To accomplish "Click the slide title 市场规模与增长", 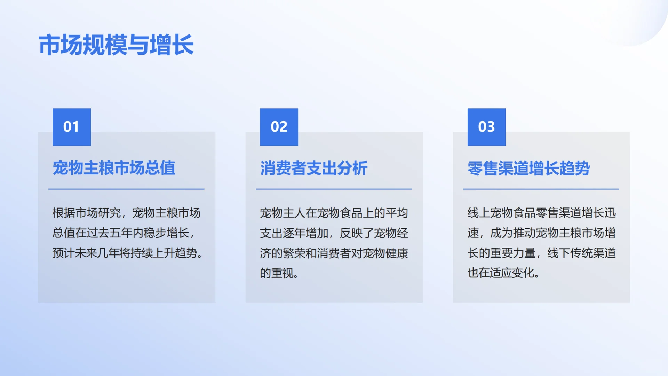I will click(x=116, y=45).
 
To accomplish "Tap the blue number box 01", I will click(x=72, y=127).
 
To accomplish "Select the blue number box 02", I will click(x=279, y=127).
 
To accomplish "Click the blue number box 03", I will click(x=486, y=127).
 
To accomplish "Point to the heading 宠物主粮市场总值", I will click(x=114, y=168).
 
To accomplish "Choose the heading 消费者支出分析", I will click(x=314, y=169).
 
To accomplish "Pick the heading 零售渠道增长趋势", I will click(x=528, y=169).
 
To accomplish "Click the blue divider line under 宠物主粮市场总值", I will click(x=126, y=189).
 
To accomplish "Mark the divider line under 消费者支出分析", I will click(x=334, y=189).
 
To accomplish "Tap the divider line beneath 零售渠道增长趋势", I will click(x=541, y=189).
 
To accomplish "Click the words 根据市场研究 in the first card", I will click(x=87, y=213).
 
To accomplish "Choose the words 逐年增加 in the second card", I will click(x=305, y=233).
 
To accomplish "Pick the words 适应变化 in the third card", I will click(x=513, y=273).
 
